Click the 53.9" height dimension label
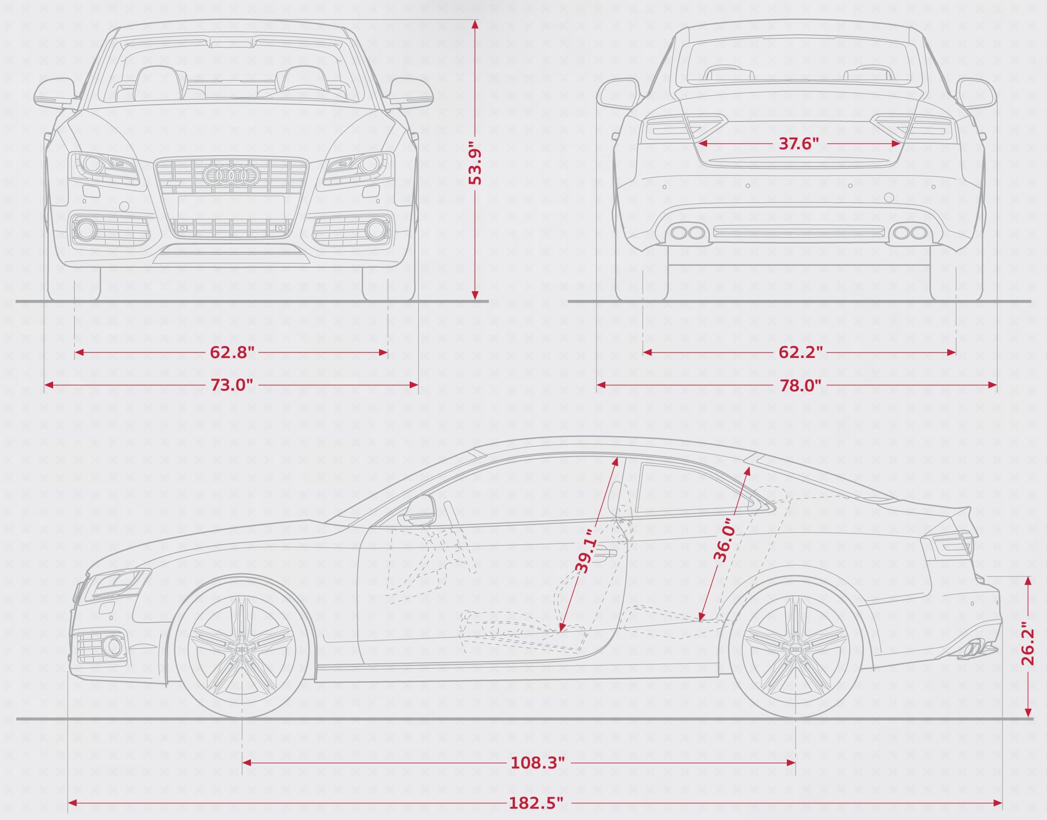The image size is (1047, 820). [475, 163]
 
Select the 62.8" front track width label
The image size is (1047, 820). [232, 353]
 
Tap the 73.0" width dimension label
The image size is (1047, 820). [232, 385]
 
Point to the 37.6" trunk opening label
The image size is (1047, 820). [799, 144]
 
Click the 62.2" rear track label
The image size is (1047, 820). [800, 353]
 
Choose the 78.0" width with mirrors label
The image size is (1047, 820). [800, 386]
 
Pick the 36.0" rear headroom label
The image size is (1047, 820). [725, 540]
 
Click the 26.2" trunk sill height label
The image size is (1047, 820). [1027, 644]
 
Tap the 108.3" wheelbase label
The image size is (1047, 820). [538, 763]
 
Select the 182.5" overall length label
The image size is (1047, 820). [536, 803]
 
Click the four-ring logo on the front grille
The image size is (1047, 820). [231, 175]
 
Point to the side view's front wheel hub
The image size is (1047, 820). [242, 649]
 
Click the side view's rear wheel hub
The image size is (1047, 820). [795, 649]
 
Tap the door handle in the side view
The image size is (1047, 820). [603, 554]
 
